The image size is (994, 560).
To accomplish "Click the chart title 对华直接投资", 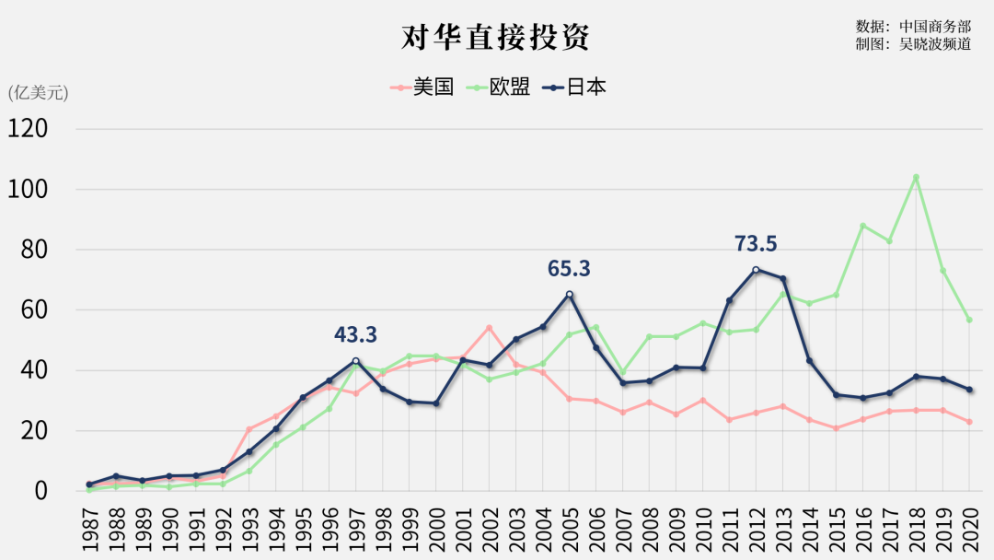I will (x=495, y=37).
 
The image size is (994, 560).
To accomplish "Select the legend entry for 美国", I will (x=423, y=87).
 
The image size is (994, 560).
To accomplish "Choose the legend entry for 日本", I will (x=575, y=87).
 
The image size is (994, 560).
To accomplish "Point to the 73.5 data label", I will (x=756, y=244).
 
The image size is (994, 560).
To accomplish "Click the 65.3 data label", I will (x=569, y=269).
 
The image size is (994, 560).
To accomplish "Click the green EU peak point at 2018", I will (x=916, y=177).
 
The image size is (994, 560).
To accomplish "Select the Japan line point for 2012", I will (x=756, y=270).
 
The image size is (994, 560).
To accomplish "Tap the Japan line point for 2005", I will (x=569, y=295).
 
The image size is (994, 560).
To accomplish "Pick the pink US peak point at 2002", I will (x=489, y=328).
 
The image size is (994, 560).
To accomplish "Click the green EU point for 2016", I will (x=862, y=226).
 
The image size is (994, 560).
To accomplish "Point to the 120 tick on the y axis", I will (x=28, y=129).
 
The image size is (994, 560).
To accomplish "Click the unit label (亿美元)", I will (x=38, y=92).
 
